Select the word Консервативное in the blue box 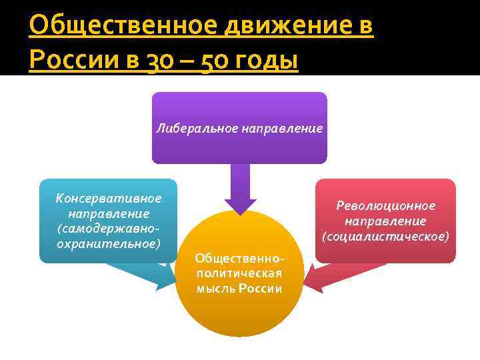[109, 199]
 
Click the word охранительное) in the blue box [109, 243]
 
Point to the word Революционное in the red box [385, 206]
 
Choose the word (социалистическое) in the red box [385, 236]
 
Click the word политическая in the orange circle [239, 273]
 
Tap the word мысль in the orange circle [215, 288]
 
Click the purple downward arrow [240, 187]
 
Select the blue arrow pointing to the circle [143, 273]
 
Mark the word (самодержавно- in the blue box [109, 228]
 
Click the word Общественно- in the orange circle [239, 258]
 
